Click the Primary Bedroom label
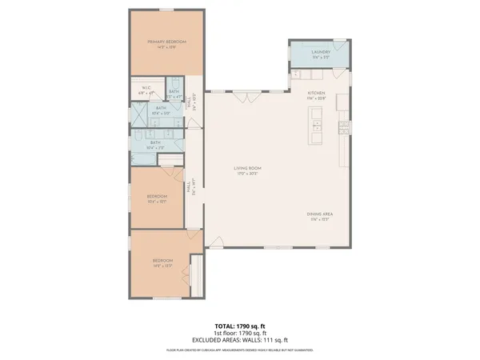[x=166, y=43]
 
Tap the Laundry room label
[x=322, y=55]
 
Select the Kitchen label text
[x=317, y=95]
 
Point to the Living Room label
[x=248, y=170]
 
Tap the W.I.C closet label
[x=146, y=90]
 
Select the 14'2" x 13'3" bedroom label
[x=163, y=263]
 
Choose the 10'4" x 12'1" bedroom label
[x=157, y=199]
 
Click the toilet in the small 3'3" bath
[x=175, y=83]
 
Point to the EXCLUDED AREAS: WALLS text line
[x=240, y=341]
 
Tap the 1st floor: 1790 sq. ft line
[x=240, y=334]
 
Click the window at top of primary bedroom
[x=166, y=10]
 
